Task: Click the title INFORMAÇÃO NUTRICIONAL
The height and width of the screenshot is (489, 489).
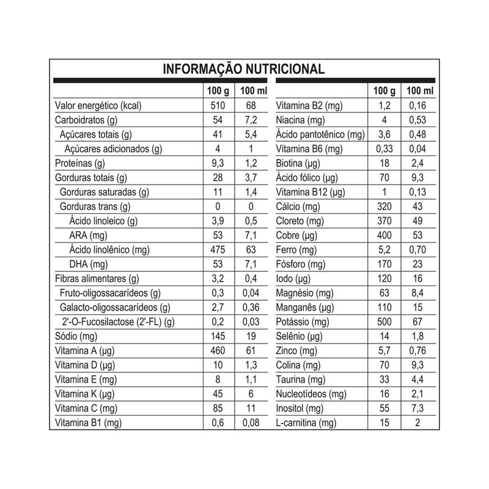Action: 243,69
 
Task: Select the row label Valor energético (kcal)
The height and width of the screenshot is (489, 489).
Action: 98,105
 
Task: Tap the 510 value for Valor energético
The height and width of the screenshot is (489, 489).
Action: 217,105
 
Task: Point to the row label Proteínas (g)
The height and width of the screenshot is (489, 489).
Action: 80,163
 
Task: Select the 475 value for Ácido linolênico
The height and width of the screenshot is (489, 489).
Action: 217,250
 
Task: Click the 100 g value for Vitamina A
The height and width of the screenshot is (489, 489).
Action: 217,351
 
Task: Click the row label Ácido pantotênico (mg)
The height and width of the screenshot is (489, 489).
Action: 320,134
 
